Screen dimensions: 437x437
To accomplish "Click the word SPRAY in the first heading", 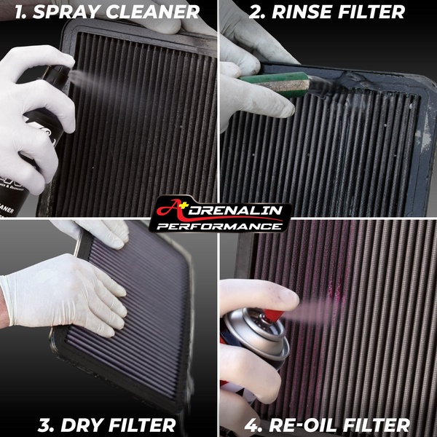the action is [66, 12].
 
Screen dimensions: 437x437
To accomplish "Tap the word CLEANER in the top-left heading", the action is [152, 12].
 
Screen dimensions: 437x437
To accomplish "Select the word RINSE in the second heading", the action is [302, 12].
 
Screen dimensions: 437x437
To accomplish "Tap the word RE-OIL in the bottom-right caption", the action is [303, 425].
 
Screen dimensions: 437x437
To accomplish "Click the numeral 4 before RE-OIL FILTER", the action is [253, 425].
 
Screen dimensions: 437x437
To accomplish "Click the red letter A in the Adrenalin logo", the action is [170, 208].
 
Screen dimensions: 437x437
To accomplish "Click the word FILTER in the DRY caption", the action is [141, 425].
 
